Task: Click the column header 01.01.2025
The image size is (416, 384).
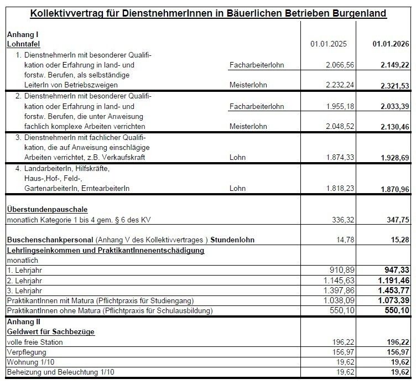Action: [329, 44]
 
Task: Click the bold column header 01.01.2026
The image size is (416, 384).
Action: [391, 44]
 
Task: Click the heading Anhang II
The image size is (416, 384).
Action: [23, 321]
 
